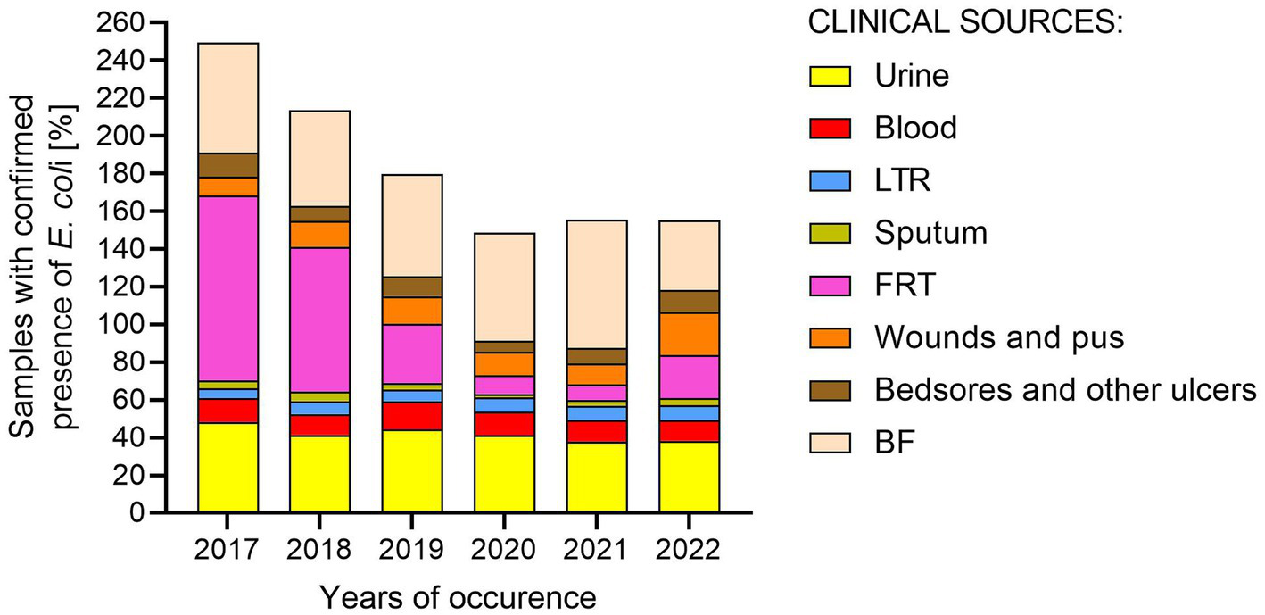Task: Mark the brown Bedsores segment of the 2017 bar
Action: click(228, 165)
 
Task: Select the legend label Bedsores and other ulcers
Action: click(1066, 390)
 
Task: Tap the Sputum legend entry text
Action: click(931, 233)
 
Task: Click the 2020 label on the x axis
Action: click(504, 550)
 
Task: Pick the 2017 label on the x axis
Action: click(228, 550)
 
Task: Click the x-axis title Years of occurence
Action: click(458, 595)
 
